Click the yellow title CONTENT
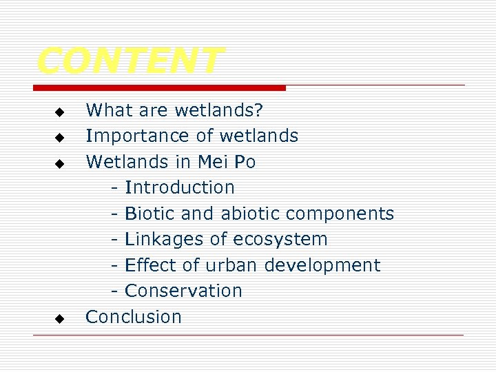[130, 61]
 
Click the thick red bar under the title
[159, 88]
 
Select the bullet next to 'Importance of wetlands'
[59, 138]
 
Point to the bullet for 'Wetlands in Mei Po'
[59, 164]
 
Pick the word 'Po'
[245, 162]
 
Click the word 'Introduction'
[180, 187]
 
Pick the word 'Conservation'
[183, 291]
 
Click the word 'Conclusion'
[134, 317]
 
